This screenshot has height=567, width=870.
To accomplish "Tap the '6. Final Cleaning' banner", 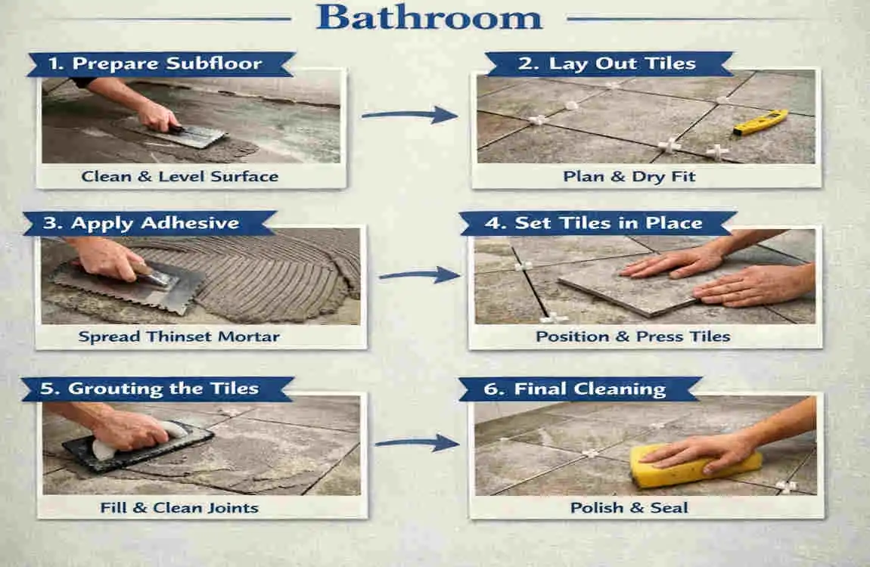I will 590,389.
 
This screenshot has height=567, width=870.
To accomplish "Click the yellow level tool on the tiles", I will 760,122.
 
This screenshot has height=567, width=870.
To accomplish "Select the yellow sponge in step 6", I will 694,465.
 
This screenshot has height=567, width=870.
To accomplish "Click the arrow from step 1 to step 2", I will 409,115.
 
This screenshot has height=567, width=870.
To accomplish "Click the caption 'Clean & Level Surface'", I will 180,177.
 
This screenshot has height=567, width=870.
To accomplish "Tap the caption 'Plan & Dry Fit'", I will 629,177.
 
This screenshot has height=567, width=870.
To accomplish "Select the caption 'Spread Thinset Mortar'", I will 179,336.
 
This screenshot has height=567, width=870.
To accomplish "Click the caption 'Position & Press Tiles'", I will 633,336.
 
